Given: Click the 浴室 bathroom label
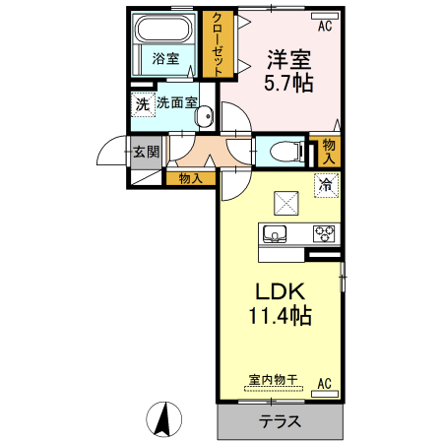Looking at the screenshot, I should pyautogui.click(x=165, y=59).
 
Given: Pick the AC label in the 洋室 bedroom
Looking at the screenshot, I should pyautogui.click(x=325, y=26).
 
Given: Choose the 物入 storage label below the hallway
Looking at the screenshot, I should pyautogui.click(x=190, y=178).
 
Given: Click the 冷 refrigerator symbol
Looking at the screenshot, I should pyautogui.click(x=325, y=183).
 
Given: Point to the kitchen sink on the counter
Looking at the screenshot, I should pyautogui.click(x=273, y=234).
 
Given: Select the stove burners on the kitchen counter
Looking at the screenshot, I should pyautogui.click(x=324, y=234).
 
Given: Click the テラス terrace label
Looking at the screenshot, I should pyautogui.click(x=280, y=421).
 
